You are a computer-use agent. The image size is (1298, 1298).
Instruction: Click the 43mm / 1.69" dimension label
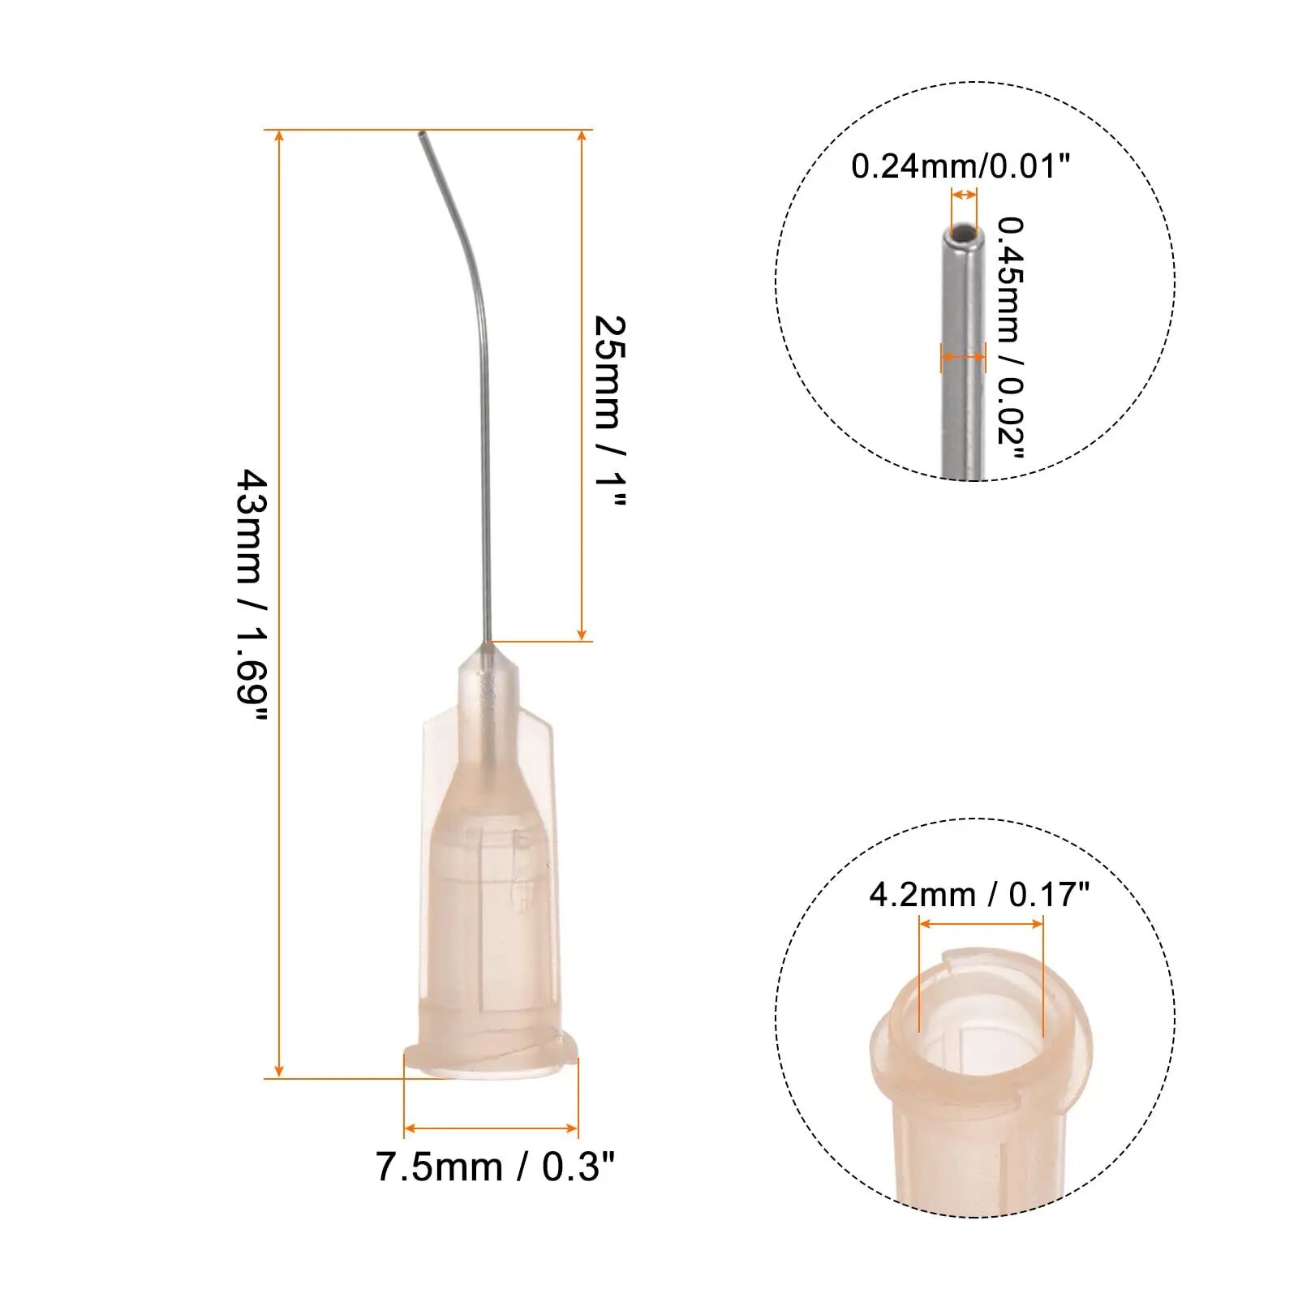(x=251, y=596)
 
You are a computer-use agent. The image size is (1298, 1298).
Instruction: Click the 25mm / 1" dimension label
(x=610, y=412)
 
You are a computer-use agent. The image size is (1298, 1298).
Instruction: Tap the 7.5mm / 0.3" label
(x=495, y=1167)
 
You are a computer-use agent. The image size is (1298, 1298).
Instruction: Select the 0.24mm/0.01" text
(x=961, y=166)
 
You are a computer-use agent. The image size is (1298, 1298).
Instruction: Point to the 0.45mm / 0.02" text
(x=1011, y=337)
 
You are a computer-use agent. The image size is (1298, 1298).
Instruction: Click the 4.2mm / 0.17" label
(x=979, y=895)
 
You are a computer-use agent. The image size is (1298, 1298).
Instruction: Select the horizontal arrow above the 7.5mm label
(x=491, y=1128)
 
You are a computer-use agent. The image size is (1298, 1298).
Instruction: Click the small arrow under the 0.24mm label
(x=964, y=195)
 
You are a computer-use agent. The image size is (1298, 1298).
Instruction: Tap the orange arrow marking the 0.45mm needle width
(x=964, y=356)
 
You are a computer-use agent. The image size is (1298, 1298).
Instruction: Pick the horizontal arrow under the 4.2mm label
(x=981, y=923)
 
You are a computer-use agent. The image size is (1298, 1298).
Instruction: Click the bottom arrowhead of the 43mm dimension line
(x=279, y=1071)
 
